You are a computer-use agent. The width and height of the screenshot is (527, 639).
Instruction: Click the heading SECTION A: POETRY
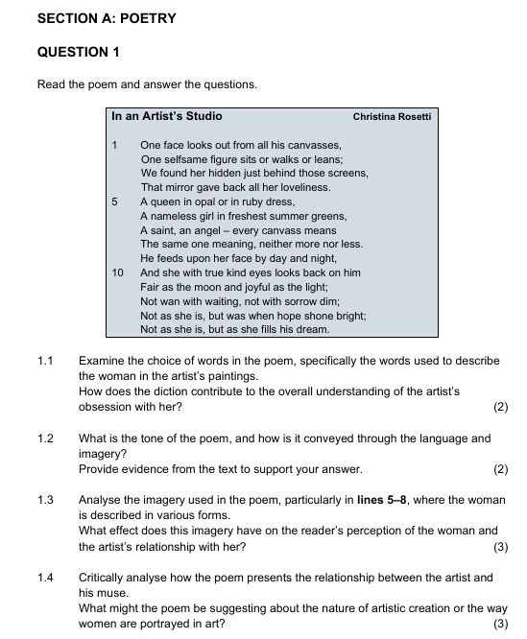107,19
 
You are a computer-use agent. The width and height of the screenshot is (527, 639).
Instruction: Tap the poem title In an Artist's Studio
167,116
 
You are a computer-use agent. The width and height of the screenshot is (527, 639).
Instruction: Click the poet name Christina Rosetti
394,117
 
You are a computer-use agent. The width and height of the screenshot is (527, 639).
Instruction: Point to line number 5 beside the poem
114,202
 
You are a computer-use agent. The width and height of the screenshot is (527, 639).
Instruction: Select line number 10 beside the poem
118,272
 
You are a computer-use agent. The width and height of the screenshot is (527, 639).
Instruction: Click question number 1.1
44,361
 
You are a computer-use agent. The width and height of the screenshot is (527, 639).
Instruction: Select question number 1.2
44,438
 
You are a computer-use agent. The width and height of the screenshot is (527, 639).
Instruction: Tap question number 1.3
44,500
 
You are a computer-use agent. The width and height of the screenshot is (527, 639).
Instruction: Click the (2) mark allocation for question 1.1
499,407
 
